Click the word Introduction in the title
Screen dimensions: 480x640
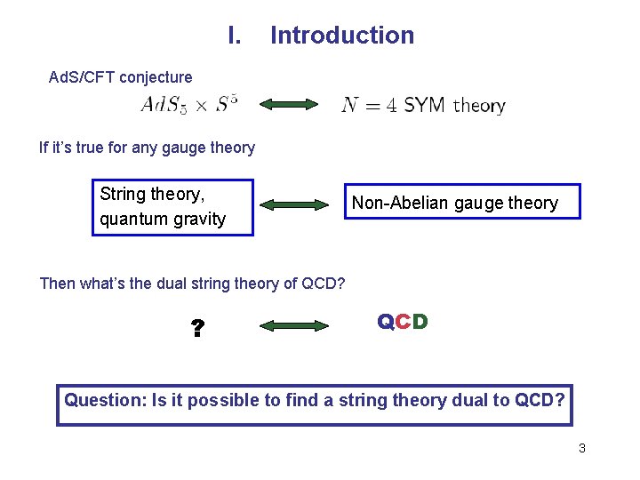point(342,36)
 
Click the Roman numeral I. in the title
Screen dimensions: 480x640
point(235,36)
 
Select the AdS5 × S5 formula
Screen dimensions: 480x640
point(189,105)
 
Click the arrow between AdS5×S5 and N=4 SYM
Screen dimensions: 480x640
point(289,105)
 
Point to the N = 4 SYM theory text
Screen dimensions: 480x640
point(423,106)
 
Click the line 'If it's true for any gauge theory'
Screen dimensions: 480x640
point(147,148)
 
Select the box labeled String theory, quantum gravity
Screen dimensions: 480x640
point(173,207)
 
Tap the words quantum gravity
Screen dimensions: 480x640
point(163,220)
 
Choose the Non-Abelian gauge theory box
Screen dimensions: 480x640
point(461,202)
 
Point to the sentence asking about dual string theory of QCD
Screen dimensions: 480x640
point(192,284)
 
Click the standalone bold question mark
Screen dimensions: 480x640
point(197,330)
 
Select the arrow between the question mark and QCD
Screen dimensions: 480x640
point(293,326)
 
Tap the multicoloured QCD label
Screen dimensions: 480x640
point(403,322)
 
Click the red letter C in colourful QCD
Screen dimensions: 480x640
point(403,322)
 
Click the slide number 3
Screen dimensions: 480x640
point(581,449)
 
